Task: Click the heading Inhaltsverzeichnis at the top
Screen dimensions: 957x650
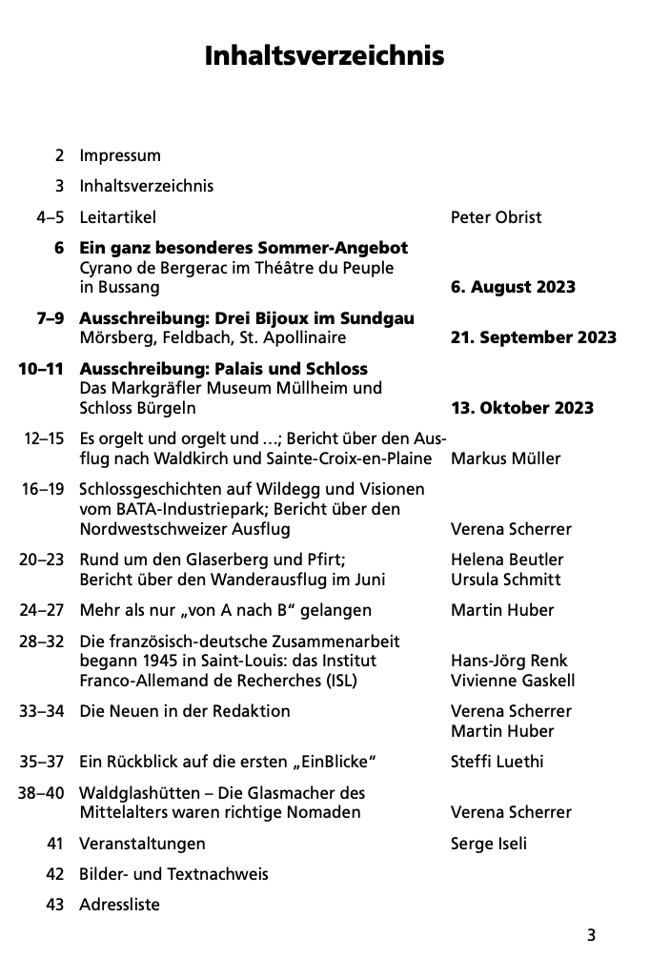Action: point(324,56)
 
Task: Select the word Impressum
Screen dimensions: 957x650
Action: point(120,155)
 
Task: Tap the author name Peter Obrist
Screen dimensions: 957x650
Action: point(496,217)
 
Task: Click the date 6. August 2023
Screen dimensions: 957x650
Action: point(513,287)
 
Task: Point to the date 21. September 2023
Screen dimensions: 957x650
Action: point(533,337)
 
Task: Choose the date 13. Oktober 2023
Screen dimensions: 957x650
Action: point(521,408)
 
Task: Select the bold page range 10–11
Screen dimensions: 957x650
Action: point(41,368)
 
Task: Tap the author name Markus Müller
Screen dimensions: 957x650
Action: point(505,458)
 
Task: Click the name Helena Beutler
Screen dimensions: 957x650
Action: point(507,560)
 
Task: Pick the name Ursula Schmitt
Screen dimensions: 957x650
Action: point(505,580)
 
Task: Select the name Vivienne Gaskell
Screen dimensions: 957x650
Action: point(513,681)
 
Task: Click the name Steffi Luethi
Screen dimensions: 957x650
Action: point(498,762)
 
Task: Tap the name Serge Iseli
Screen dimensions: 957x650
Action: point(488,844)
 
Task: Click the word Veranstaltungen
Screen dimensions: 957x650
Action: point(142,844)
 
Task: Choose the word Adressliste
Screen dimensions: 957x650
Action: point(119,905)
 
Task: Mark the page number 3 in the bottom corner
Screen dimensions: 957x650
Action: point(591,935)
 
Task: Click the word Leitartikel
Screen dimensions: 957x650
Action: point(117,217)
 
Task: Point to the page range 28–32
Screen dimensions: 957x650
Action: point(41,641)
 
